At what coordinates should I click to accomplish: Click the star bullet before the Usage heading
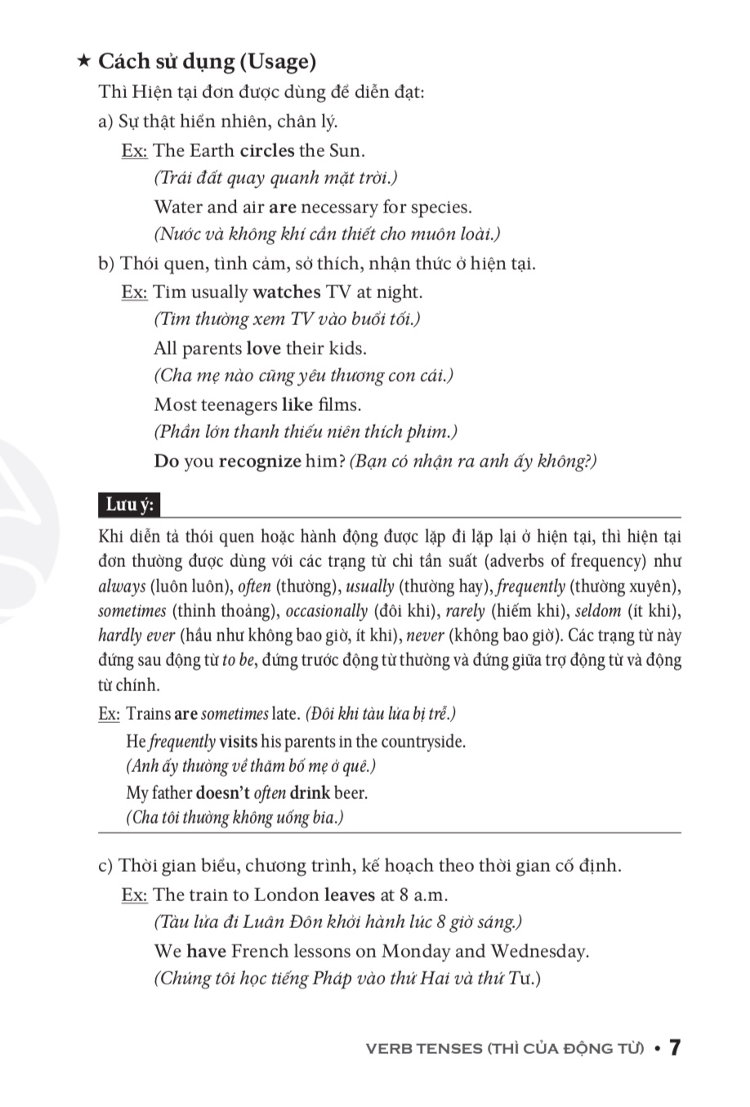click(83, 61)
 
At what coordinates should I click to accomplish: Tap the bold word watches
click(287, 292)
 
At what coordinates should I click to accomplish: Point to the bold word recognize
click(260, 461)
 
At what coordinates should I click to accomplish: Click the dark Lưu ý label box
click(129, 505)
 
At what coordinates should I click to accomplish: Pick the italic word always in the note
click(122, 587)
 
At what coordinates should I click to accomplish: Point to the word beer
click(350, 792)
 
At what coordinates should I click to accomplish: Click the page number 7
click(675, 1048)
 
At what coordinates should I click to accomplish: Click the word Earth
click(212, 150)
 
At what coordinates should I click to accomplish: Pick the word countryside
click(424, 742)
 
